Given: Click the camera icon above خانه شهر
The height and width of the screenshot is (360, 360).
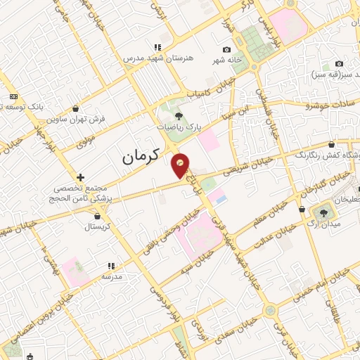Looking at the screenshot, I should tap(226, 49).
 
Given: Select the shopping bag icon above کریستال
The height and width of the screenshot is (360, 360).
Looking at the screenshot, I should tap(96, 216).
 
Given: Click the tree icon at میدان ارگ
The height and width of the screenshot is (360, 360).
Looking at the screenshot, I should tap(325, 212).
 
